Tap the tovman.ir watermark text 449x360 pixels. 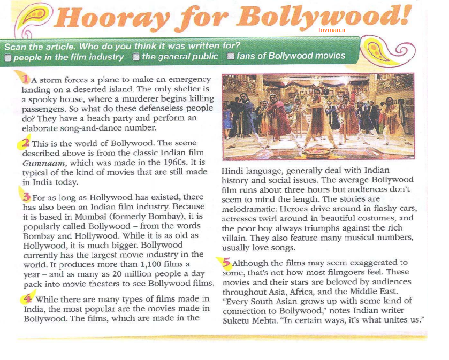(332, 32)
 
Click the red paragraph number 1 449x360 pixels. (25, 79)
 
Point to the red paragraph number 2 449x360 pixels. (25, 143)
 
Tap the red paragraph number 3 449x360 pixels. (25, 196)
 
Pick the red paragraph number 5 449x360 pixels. (226, 262)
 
